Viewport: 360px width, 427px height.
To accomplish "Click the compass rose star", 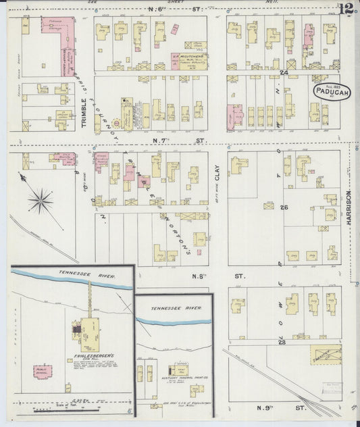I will pyautogui.click(x=41, y=199).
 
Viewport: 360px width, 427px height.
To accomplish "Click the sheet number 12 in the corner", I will pyautogui.click(x=347, y=9).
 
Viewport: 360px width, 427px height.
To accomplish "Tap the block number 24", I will pyautogui.click(x=284, y=72).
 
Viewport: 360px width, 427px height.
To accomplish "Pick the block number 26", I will pyautogui.click(x=284, y=207).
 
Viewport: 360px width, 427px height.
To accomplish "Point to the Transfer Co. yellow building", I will pyautogui.click(x=326, y=353).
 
